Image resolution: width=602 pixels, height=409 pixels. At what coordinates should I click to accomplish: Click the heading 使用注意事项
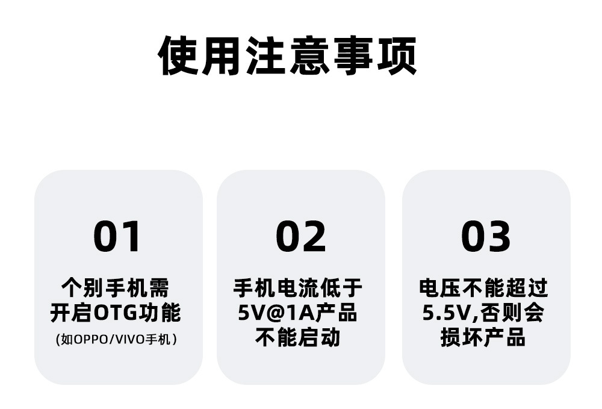click(x=287, y=56)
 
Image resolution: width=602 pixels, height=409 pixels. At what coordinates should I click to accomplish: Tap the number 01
click(x=117, y=237)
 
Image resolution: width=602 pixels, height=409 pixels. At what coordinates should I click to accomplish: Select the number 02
click(x=300, y=237)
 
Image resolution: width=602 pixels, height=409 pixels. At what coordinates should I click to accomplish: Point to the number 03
click(x=485, y=237)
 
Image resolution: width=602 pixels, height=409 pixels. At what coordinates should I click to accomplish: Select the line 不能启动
click(x=298, y=337)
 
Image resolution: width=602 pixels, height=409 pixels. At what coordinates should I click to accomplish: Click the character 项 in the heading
click(x=397, y=56)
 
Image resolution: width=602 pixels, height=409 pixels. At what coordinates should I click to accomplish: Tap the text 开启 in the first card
click(x=70, y=313)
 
